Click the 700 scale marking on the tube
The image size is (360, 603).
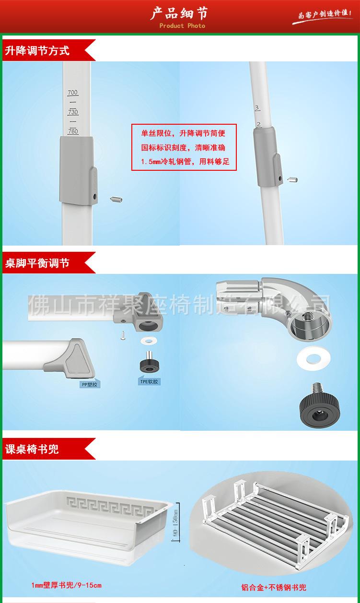(x=73, y=93)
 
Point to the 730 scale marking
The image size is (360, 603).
(x=73, y=112)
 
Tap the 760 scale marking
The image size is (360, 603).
(x=73, y=131)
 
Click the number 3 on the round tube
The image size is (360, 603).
(x=257, y=108)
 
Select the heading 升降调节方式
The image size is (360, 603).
(x=37, y=50)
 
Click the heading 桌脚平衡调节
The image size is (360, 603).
(x=37, y=263)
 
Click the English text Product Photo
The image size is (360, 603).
(x=182, y=26)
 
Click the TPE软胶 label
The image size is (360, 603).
(x=149, y=382)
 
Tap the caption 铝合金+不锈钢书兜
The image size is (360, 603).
(x=274, y=587)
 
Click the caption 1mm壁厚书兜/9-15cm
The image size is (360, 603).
(x=66, y=585)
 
